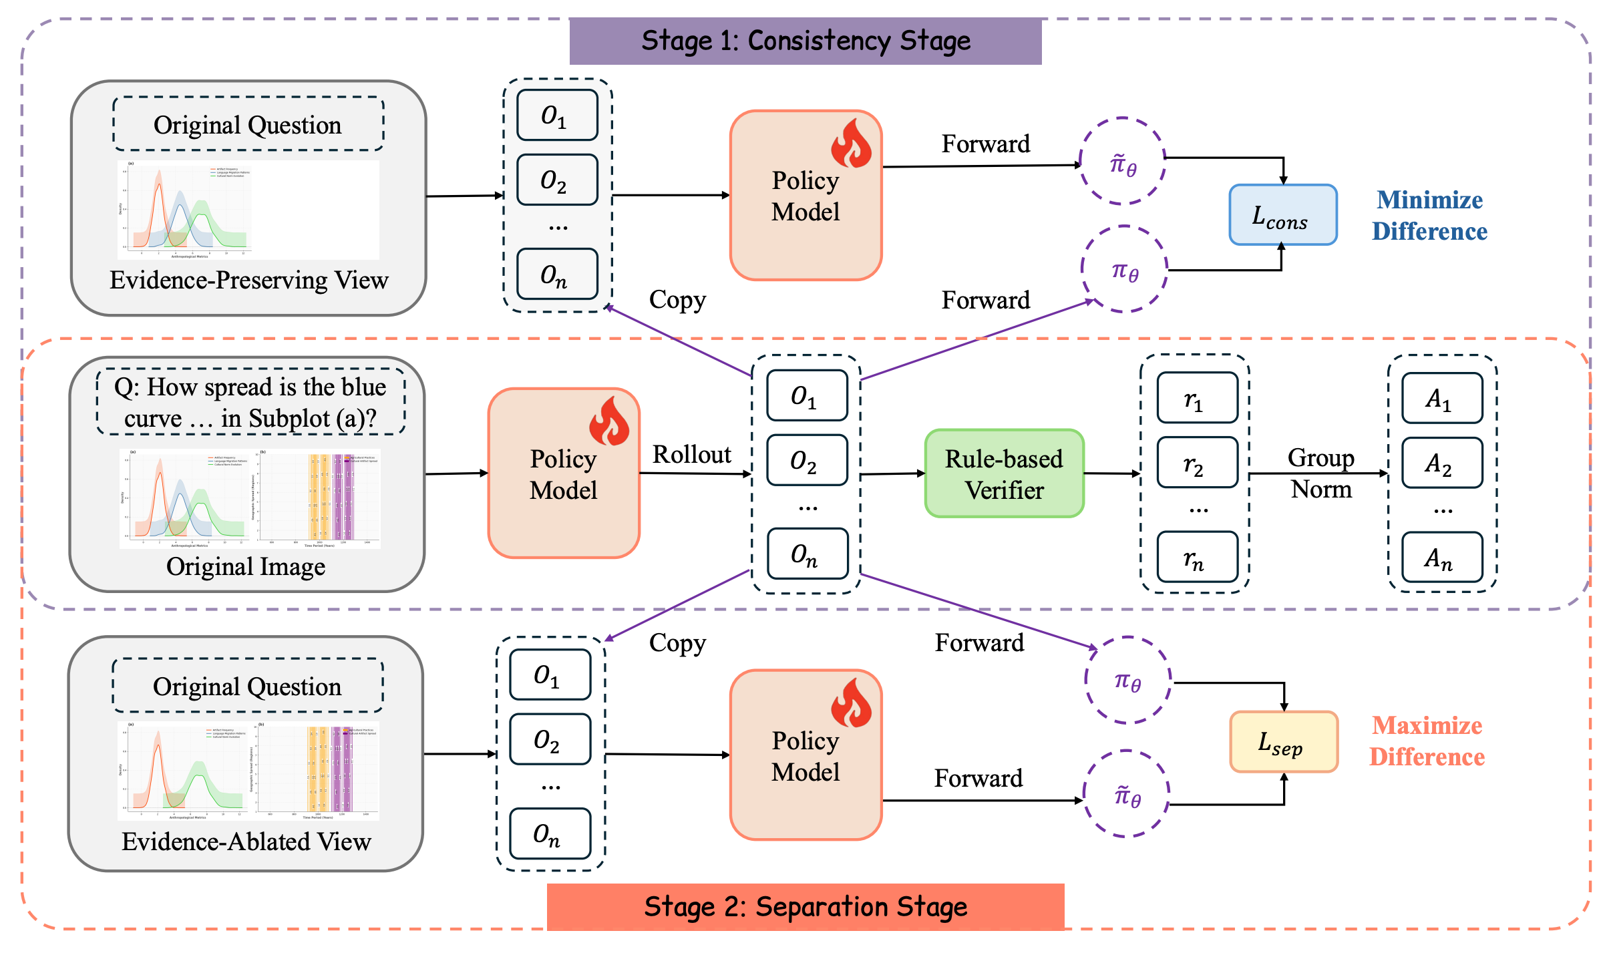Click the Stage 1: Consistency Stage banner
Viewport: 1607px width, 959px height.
(x=805, y=41)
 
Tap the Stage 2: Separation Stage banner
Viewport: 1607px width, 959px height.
(x=805, y=907)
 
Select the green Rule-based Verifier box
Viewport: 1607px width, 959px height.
(x=1004, y=473)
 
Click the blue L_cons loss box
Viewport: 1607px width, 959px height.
(x=1282, y=215)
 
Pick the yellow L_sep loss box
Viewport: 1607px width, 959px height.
(x=1283, y=742)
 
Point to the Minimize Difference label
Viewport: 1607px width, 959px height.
(x=1429, y=216)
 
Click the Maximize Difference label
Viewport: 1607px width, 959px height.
(x=1427, y=741)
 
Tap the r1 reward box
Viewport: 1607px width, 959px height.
(x=1197, y=398)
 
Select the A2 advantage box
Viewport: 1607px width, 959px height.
(x=1442, y=463)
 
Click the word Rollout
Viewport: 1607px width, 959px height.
(x=692, y=455)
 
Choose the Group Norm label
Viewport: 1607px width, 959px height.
(x=1320, y=473)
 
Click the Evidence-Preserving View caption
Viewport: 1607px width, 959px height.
(x=248, y=280)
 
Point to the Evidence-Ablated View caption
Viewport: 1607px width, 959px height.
(x=246, y=841)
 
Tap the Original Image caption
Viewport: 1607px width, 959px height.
(x=246, y=566)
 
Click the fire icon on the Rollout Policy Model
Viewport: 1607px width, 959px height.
(x=608, y=421)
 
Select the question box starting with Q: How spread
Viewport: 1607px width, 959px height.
(x=250, y=402)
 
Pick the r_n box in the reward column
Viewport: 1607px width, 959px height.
(x=1197, y=558)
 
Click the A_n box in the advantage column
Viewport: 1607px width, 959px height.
(x=1442, y=558)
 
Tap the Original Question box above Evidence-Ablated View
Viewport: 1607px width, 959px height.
(x=248, y=687)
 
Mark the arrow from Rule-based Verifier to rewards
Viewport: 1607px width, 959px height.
(x=1112, y=473)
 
